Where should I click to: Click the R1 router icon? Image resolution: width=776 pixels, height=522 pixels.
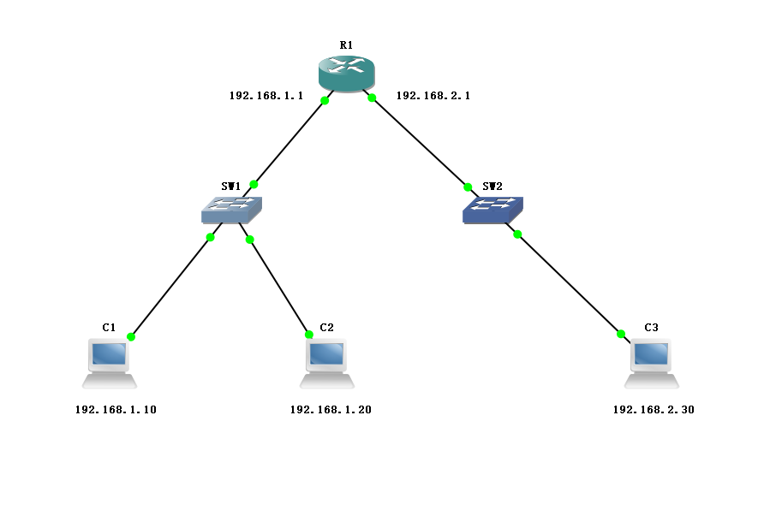click(346, 74)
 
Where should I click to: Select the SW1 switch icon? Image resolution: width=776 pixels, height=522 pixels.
click(231, 209)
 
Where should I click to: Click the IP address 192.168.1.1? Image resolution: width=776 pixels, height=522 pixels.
click(266, 96)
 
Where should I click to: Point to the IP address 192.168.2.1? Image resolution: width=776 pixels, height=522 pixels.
click(433, 96)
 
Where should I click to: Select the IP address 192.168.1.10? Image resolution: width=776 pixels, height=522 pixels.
click(116, 410)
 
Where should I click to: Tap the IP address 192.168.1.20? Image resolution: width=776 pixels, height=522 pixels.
click(331, 410)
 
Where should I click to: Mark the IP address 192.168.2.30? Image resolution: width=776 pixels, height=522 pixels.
click(654, 410)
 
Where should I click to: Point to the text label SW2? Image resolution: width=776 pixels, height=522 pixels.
click(492, 186)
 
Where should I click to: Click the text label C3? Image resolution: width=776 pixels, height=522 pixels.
click(652, 328)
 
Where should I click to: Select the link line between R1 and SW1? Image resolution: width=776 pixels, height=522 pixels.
click(290, 142)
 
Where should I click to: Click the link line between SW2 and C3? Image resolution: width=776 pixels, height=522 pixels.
click(570, 284)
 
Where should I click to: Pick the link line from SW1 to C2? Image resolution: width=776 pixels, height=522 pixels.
click(278, 286)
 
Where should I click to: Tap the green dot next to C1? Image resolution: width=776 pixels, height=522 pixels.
click(131, 337)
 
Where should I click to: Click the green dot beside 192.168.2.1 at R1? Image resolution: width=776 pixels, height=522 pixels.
click(373, 98)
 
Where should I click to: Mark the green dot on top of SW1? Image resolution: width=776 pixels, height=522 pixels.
click(254, 184)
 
